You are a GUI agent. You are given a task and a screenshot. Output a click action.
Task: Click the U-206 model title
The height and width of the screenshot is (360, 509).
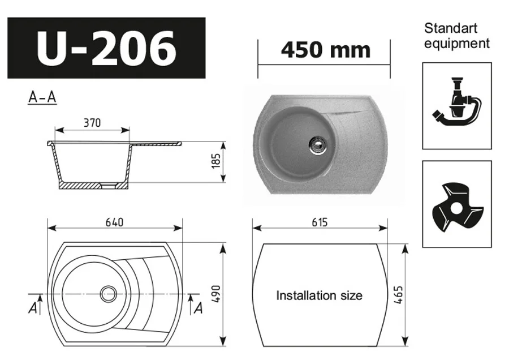[x=106, y=48]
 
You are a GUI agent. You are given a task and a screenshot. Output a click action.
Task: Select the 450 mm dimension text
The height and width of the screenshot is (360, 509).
[x=325, y=50]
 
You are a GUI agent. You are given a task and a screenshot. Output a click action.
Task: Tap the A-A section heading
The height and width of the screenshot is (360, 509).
[x=42, y=97]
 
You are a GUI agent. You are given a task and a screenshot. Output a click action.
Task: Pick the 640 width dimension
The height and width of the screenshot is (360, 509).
[x=114, y=222]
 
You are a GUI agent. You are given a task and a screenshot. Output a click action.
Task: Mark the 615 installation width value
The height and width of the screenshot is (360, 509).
[x=320, y=222]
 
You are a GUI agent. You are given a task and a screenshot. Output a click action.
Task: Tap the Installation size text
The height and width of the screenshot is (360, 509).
[x=319, y=295]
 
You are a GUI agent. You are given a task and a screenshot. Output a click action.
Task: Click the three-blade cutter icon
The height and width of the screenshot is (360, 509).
[x=457, y=204]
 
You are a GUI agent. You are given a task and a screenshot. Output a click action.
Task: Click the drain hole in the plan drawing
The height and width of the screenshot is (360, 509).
[x=108, y=293]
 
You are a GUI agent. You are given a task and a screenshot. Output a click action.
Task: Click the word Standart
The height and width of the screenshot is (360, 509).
[x=451, y=28]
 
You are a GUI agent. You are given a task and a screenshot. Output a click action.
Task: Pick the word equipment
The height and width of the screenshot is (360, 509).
[x=456, y=44]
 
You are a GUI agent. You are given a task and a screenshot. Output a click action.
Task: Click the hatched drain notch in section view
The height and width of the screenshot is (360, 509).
[x=105, y=185]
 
